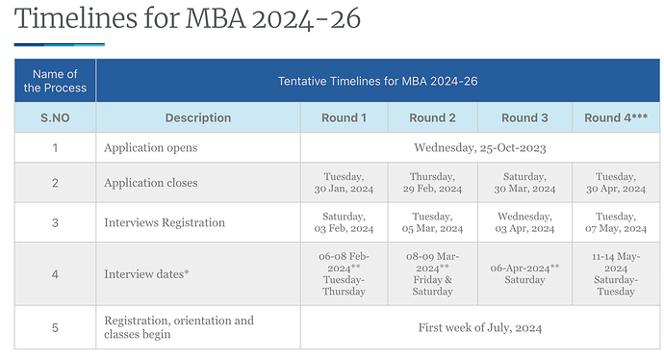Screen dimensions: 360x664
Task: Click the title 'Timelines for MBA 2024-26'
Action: pos(188,20)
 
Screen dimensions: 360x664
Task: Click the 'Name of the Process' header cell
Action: pos(55,81)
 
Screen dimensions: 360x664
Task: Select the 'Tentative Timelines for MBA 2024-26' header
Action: pos(378,81)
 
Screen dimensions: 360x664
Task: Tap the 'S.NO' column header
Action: pos(55,117)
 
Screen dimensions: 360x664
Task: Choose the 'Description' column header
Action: pos(198,117)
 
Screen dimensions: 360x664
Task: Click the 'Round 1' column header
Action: pos(344,117)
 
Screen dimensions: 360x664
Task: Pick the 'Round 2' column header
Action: pos(432,117)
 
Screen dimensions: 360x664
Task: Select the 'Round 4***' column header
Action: pos(615,117)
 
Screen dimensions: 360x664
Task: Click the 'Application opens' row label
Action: pos(151,148)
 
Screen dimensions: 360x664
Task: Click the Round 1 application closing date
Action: pos(344,183)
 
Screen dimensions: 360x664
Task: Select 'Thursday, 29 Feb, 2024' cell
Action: pos(432,183)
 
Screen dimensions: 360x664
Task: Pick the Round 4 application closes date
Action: pos(615,183)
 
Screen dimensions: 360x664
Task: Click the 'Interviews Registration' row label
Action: pos(165,223)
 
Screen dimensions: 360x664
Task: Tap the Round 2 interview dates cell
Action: pos(432,273)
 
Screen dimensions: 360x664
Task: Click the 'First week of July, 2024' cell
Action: pos(479,327)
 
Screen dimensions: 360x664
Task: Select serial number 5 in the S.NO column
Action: pos(55,327)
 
